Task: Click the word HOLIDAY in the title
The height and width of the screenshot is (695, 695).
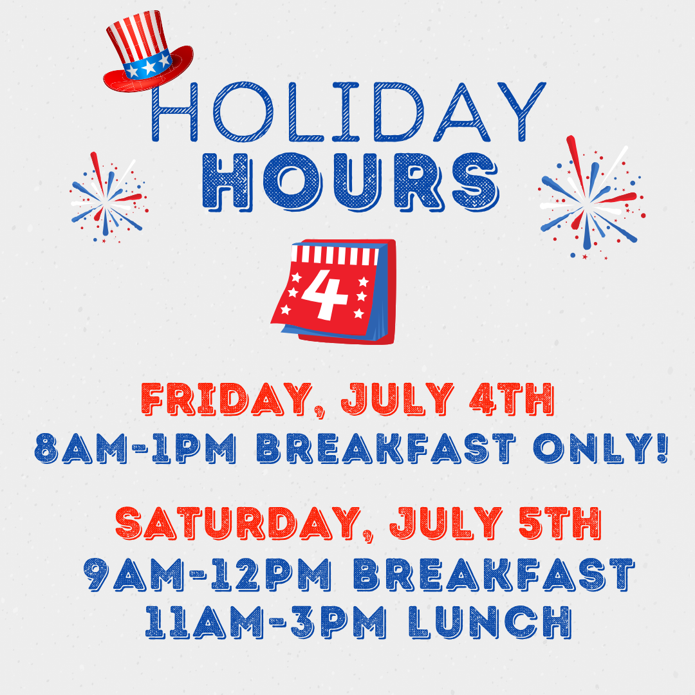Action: (x=348, y=112)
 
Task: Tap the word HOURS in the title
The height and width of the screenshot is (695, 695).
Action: (x=351, y=182)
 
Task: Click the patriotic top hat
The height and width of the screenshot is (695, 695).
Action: (x=148, y=51)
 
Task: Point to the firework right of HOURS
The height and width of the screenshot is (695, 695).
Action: (x=591, y=198)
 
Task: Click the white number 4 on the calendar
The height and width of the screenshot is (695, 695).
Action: (x=324, y=294)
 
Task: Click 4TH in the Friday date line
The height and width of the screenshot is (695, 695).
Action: (x=512, y=399)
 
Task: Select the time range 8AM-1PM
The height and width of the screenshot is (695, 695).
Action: (x=135, y=448)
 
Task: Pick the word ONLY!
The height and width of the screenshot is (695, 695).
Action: (x=600, y=448)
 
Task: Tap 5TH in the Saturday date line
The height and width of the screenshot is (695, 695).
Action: (x=560, y=523)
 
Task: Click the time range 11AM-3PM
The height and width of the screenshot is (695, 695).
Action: (x=266, y=622)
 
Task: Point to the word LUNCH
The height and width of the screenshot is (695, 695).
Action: (x=490, y=622)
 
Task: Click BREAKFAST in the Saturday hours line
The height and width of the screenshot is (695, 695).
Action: (x=494, y=575)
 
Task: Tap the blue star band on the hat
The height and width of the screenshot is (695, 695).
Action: (x=148, y=65)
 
